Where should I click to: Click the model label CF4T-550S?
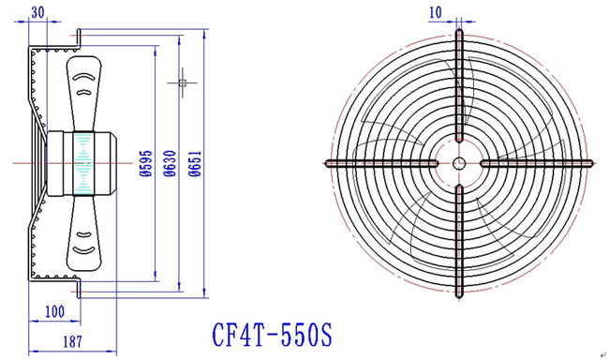273,335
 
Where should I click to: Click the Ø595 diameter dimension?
145,163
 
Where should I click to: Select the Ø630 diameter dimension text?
171,163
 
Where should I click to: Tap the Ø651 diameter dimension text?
195,163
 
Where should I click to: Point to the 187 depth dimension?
73,342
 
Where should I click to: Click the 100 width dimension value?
54,311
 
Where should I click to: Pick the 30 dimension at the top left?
37,12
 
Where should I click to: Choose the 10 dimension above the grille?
436,12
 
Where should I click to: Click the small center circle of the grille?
459,163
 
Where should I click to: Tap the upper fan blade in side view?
83,94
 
